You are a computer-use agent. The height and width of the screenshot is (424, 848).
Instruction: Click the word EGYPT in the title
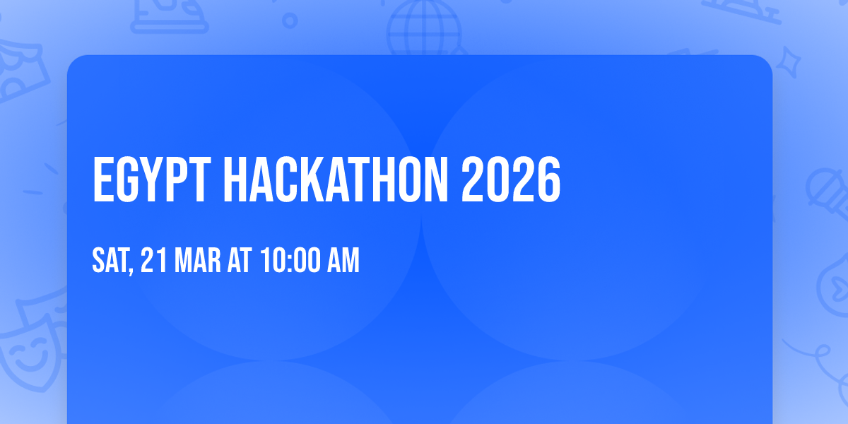[151, 179]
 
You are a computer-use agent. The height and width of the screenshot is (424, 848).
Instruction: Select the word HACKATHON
[336, 179]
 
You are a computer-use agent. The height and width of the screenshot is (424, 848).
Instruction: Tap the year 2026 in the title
[511, 179]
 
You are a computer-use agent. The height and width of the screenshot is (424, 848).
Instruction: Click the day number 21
[154, 260]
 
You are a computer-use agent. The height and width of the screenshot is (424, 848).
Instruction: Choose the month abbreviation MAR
[197, 260]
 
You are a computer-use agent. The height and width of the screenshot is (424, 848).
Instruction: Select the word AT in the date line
[240, 260]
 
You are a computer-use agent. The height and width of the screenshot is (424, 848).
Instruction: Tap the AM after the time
[343, 260]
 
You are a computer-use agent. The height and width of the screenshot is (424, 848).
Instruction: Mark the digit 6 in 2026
[549, 179]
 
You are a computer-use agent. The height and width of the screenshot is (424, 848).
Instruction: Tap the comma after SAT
[131, 270]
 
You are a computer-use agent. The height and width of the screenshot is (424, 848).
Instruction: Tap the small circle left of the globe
[290, 20]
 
